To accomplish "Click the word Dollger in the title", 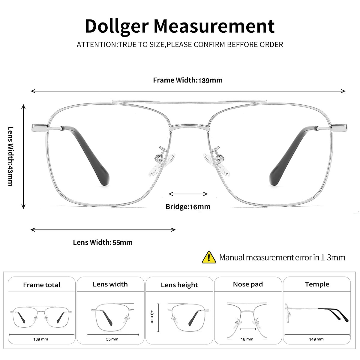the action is pos(117,26).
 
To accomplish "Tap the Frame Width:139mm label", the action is pos(188,80).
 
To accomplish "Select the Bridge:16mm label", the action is pos(188,207).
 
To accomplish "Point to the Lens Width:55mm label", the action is pos(103,242).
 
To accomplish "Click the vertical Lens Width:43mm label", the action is pos(10,156).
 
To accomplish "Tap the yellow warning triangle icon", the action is pos(209,257).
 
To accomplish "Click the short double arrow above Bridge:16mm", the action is pos(188,194).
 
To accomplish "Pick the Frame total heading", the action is pos(42,285).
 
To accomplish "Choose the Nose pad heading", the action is pos(248,284).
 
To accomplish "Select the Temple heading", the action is pos(317,284).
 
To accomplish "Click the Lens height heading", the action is pos(179,285).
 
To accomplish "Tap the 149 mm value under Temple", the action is pos(317,339).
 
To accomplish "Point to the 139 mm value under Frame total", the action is pos(41,339).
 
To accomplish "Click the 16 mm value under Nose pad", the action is pos(247,339).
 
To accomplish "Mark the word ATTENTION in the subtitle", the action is pos(96,45).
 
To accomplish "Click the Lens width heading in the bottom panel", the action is pos(110,284).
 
